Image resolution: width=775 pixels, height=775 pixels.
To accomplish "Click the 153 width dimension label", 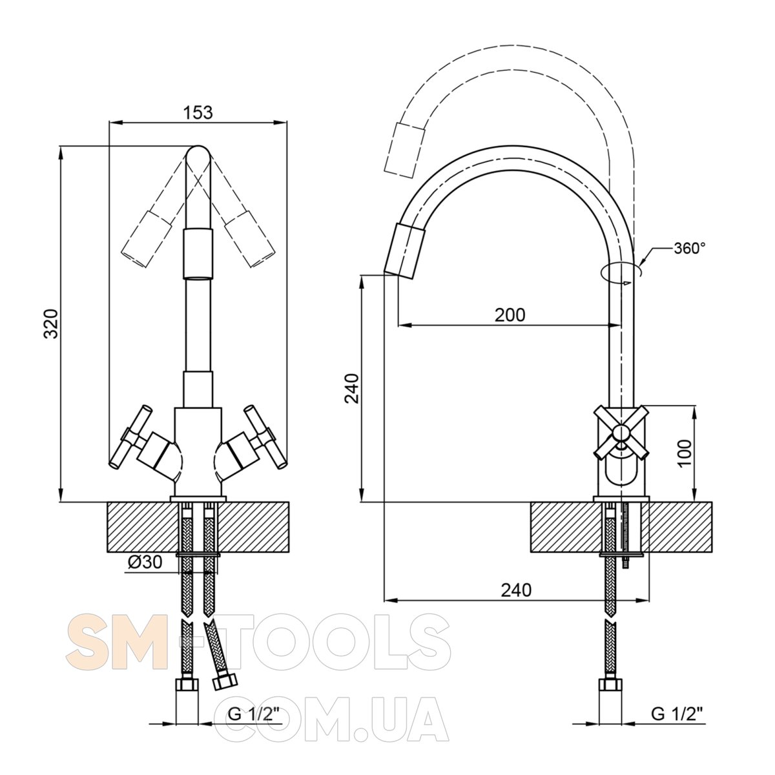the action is click(x=198, y=112).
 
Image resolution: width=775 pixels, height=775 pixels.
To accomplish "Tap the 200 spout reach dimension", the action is click(x=510, y=315).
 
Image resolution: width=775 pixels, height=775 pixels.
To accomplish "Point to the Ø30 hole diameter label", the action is click(x=145, y=561).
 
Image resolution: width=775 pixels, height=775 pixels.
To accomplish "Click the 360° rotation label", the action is click(x=690, y=248).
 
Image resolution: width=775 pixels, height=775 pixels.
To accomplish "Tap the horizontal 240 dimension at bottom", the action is click(x=516, y=590).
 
